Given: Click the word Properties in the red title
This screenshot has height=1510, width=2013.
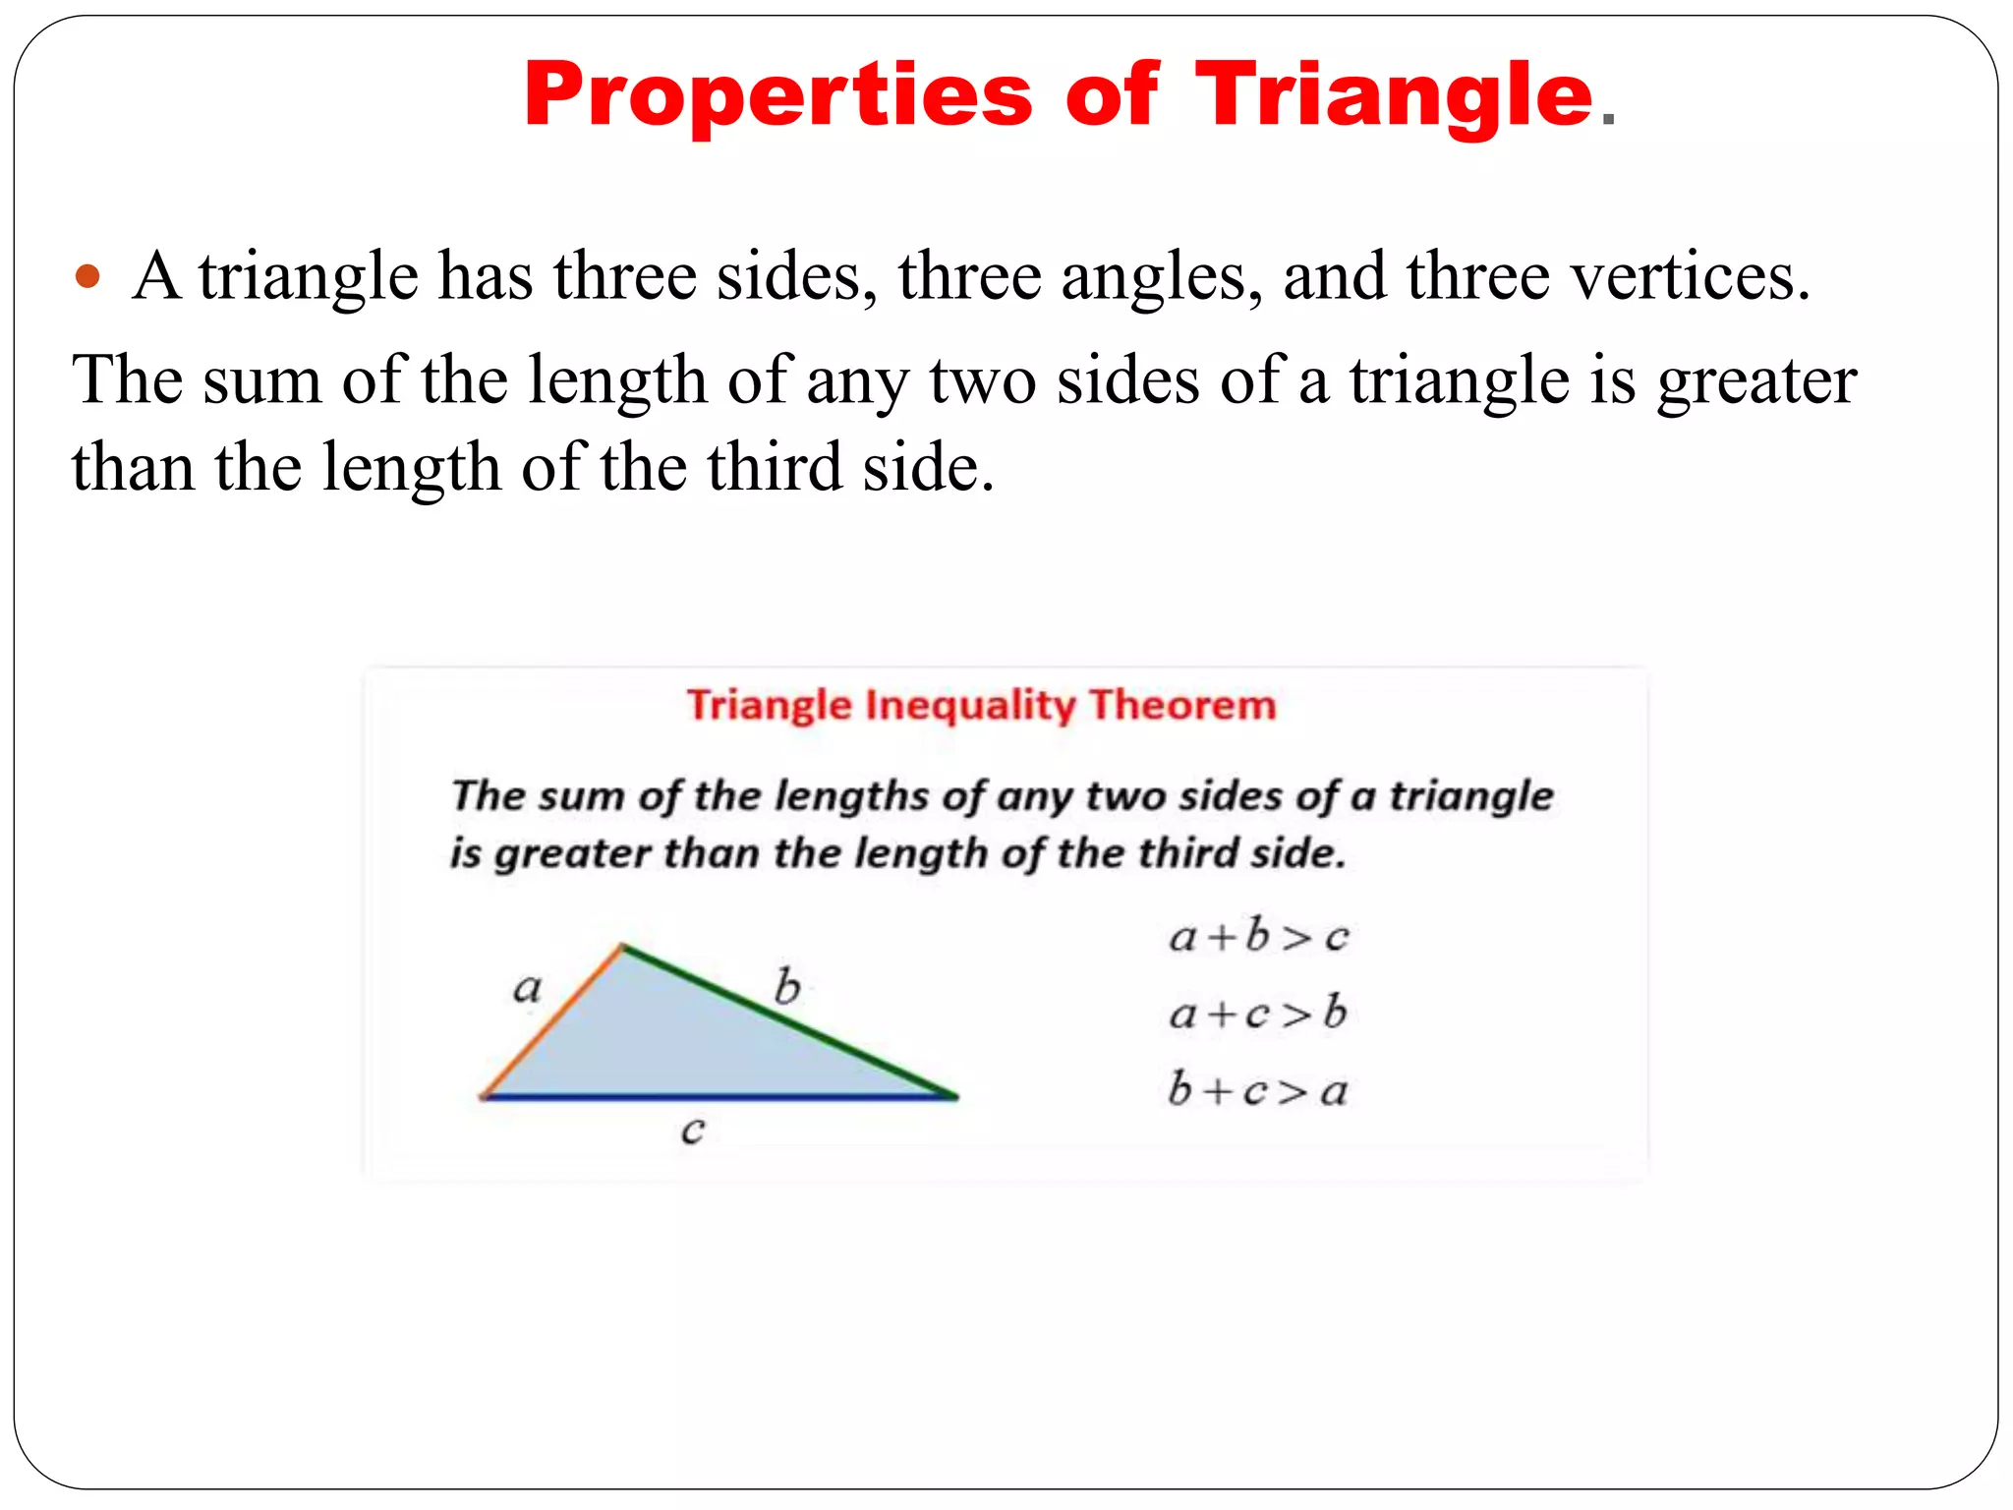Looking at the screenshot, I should (x=777, y=96).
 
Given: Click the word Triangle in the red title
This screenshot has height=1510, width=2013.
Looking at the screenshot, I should (x=1393, y=96).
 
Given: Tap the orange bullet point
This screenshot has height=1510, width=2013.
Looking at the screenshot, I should (x=88, y=276).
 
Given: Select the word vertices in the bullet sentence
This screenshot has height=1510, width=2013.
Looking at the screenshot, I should (x=1684, y=276).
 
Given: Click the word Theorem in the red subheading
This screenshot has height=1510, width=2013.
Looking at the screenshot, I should (x=1182, y=705).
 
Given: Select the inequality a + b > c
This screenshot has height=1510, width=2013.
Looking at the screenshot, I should (x=1258, y=936).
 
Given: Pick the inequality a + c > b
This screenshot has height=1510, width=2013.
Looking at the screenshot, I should (x=1257, y=1013).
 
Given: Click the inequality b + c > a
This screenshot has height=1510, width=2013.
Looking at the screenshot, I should (x=1257, y=1090).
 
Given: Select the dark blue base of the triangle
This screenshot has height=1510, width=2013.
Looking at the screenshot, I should (x=719, y=1097).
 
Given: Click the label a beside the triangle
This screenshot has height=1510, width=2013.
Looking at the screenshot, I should (x=528, y=987).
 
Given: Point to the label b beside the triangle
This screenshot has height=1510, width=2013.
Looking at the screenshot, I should (x=787, y=986).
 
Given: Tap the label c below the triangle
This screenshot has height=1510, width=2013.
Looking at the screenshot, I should (x=693, y=1131).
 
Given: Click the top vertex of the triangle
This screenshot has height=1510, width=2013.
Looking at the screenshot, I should (x=622, y=947).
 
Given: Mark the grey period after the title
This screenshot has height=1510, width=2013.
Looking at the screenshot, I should (x=1608, y=121).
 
